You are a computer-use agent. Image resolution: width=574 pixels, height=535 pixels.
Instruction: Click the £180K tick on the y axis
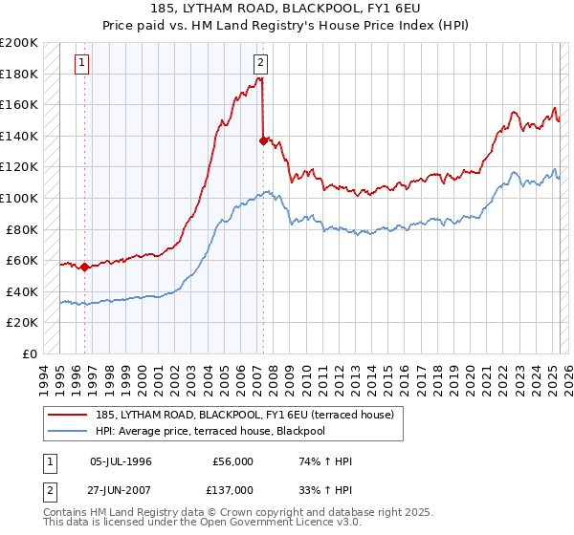[x=19, y=74]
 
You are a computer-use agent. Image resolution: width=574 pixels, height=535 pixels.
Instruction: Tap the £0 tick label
[x=30, y=353]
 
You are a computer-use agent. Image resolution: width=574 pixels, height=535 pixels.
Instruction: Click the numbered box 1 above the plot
[x=82, y=64]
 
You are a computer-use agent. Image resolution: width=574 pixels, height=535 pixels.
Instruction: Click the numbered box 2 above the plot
[x=260, y=64]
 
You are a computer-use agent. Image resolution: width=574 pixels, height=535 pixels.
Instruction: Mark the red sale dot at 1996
[x=84, y=267]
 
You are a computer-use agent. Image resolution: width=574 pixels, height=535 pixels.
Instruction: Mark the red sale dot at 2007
[x=262, y=140]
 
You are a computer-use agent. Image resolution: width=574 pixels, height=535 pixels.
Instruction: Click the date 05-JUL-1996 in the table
[x=121, y=461]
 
